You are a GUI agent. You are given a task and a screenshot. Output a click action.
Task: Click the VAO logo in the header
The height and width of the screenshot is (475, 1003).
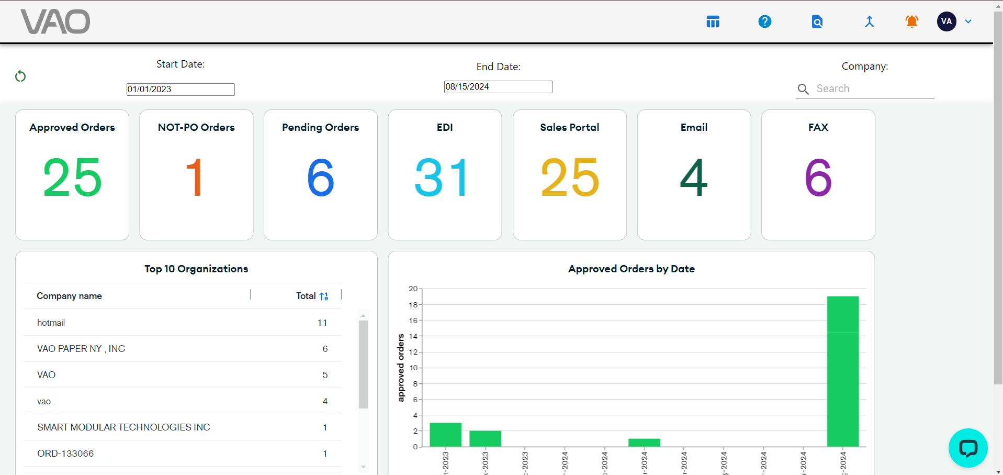[x=55, y=22]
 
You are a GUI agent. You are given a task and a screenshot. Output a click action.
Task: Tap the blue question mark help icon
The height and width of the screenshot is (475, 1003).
[x=764, y=21]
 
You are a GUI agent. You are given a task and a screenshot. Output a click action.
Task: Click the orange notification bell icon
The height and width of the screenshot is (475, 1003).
[x=911, y=21]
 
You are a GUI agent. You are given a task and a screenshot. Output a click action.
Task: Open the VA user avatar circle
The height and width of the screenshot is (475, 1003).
[x=946, y=21]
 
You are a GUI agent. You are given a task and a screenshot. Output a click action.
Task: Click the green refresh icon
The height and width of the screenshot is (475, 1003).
[x=20, y=76]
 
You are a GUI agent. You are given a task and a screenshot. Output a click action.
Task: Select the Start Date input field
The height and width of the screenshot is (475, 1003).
[x=181, y=90]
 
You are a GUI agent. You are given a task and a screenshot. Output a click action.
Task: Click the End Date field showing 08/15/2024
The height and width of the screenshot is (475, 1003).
[x=498, y=87]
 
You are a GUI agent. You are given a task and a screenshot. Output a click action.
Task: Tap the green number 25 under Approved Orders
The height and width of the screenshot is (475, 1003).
[x=72, y=178]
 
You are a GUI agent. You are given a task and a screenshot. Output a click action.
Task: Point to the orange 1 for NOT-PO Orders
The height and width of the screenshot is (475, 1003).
[x=195, y=178]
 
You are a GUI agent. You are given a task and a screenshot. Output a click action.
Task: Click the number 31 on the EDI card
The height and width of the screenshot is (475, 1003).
[x=443, y=178]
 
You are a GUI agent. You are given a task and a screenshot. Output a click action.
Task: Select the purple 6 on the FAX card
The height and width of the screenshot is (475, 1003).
[x=818, y=178]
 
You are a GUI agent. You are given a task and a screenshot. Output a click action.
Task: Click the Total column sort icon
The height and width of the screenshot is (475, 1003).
[x=324, y=296]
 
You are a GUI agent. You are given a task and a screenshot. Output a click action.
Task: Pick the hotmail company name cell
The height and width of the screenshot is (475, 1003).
[x=51, y=323]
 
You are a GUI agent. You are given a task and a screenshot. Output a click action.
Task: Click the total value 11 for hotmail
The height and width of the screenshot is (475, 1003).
[x=322, y=323]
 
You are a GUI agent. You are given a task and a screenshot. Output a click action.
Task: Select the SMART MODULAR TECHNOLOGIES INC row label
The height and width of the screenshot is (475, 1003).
[x=123, y=427]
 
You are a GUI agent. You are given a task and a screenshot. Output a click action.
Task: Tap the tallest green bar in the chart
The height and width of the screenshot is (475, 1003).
[x=842, y=372]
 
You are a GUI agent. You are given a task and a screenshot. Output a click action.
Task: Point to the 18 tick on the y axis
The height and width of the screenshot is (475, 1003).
[x=413, y=305]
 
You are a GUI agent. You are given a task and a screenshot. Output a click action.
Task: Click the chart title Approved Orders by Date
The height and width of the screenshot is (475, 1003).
[x=632, y=269]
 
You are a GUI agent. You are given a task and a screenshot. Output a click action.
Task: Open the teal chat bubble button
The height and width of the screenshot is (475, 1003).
[x=967, y=448]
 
